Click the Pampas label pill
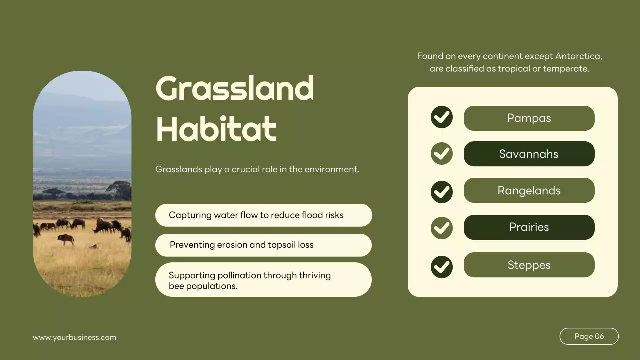click(x=529, y=118)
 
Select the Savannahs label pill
click(x=529, y=154)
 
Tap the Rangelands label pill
click(x=529, y=190)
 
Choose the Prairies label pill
click(x=529, y=227)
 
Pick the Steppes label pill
click(x=529, y=265)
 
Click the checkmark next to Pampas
click(x=442, y=117)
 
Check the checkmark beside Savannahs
click(x=442, y=154)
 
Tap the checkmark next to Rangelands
click(x=442, y=192)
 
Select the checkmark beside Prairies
click(x=442, y=228)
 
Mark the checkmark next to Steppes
click(x=442, y=267)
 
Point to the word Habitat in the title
click(x=216, y=129)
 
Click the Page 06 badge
click(x=589, y=336)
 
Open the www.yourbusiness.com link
click(x=74, y=337)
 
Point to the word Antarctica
click(x=578, y=56)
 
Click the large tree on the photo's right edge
click(x=120, y=189)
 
